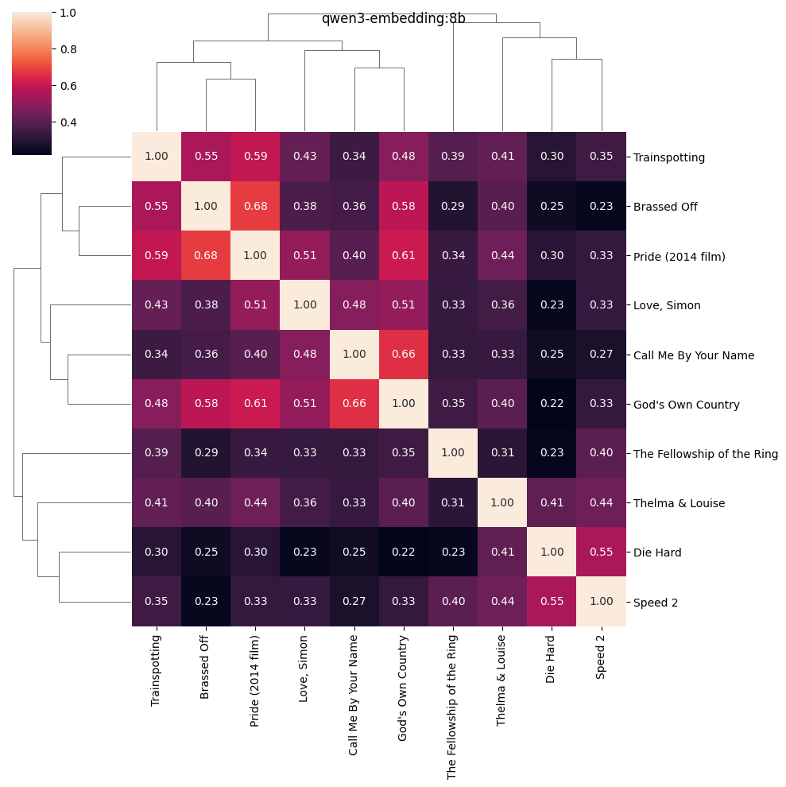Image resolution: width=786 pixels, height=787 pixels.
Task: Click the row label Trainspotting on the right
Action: (668, 157)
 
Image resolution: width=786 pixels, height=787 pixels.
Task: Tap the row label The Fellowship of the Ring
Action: (705, 454)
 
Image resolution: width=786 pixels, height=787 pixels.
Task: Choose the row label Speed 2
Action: (655, 603)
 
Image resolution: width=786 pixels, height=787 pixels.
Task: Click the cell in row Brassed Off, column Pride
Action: (255, 207)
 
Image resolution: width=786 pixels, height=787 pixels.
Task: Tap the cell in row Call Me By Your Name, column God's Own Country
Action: (404, 355)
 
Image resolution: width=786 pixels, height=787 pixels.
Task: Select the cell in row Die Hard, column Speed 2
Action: (601, 552)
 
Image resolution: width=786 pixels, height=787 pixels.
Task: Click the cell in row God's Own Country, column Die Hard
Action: (552, 404)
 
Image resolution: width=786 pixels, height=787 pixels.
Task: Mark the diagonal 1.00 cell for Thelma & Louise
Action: (502, 503)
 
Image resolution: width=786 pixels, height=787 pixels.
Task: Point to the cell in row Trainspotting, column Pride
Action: (255, 157)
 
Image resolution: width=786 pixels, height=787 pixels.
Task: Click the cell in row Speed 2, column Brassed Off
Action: (206, 602)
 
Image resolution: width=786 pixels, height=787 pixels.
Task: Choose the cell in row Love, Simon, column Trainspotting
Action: (157, 305)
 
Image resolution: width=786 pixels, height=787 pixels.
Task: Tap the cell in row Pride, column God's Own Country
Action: (404, 256)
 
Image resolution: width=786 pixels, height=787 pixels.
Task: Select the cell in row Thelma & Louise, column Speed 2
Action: (601, 503)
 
